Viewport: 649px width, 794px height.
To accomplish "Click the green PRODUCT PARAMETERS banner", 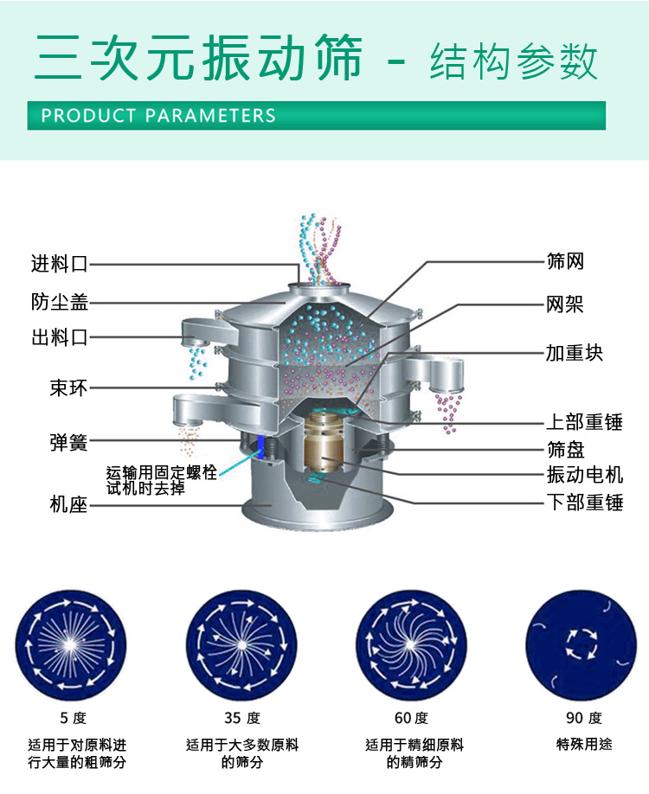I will tap(316, 115).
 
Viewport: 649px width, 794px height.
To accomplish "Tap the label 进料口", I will tap(60, 264).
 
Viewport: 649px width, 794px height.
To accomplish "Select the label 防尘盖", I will tap(60, 302).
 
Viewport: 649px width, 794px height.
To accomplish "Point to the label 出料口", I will tap(60, 337).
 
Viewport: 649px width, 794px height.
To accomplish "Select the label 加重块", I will tap(574, 352).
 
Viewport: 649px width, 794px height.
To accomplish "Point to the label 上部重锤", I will tap(584, 422).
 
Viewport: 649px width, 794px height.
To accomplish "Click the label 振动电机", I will tap(584, 475).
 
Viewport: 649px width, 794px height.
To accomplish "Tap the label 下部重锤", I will tap(584, 503).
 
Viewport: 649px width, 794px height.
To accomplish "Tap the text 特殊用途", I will tap(583, 743).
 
